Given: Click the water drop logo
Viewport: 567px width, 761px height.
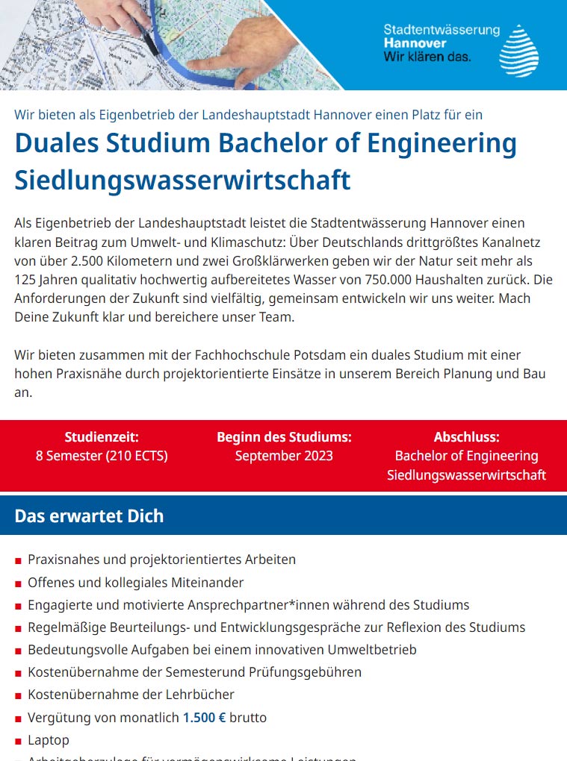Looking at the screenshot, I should (518, 51).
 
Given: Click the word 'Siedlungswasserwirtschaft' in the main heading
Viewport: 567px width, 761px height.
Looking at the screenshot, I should (182, 180).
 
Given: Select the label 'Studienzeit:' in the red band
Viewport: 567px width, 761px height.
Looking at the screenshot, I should (102, 437).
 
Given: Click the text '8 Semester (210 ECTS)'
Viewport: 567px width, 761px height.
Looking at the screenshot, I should (102, 456).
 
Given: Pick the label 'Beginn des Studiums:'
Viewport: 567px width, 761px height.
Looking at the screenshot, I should (284, 437).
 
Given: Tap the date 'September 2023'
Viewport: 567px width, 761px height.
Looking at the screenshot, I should (284, 456).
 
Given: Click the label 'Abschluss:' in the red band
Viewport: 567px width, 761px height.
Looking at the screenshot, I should (466, 437).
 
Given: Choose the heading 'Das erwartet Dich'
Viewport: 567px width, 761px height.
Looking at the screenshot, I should (89, 516).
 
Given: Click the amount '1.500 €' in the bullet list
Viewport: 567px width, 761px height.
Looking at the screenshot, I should (204, 718).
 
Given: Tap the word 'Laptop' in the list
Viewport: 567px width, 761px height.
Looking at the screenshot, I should (49, 740).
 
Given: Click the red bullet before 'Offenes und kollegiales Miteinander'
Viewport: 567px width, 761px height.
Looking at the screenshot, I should (18, 583).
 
